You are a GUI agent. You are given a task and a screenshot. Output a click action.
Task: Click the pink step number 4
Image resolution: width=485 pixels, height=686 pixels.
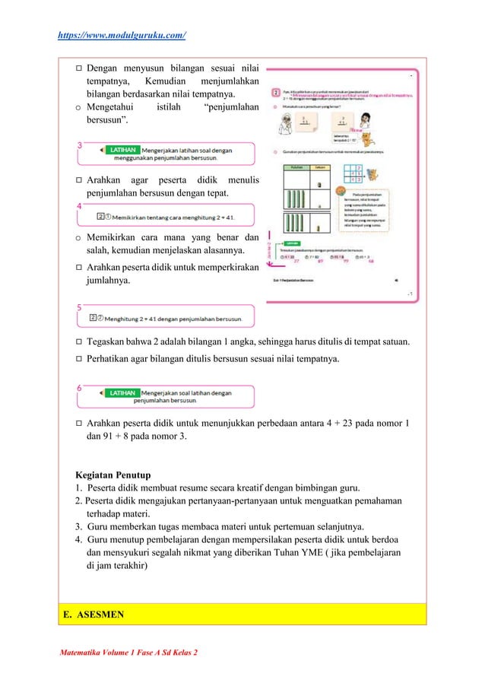pos(79,205)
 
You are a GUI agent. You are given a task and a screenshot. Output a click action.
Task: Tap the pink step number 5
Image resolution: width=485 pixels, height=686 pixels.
pos(79,306)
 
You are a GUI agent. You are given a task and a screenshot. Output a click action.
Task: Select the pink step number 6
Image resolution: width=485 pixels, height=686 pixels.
pos(79,386)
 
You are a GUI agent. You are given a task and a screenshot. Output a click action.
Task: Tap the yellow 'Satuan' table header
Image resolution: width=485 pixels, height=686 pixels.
pos(320,167)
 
